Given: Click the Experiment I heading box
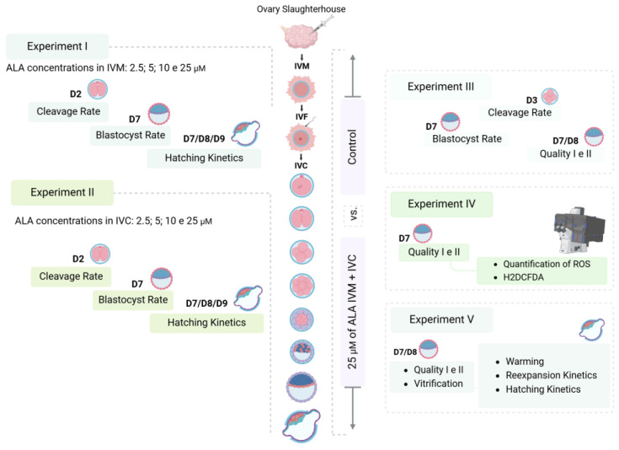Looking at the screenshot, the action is click(x=57, y=46).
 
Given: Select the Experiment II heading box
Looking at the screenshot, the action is click(x=62, y=192).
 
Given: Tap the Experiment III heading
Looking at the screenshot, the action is click(x=440, y=87).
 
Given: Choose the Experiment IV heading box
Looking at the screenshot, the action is click(x=441, y=204).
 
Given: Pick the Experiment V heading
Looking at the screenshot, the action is click(x=441, y=319).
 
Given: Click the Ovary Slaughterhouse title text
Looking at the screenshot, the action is click(x=301, y=9).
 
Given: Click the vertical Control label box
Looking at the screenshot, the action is click(x=353, y=147).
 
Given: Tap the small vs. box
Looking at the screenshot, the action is click(x=354, y=214).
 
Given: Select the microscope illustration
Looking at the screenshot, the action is click(x=579, y=230).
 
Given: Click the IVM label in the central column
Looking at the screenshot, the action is click(x=301, y=66).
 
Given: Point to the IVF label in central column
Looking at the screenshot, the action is click(x=301, y=116).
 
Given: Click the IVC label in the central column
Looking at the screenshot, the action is click(x=301, y=165).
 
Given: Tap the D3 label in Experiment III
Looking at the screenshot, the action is click(x=531, y=100).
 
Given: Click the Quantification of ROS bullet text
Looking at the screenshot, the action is click(x=547, y=264).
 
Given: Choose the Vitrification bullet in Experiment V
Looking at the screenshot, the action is click(x=438, y=383).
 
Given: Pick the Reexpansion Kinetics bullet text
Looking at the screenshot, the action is click(x=551, y=375).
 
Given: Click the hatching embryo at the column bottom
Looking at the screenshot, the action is click(x=301, y=426).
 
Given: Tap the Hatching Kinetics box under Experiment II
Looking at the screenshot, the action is click(x=206, y=323).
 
